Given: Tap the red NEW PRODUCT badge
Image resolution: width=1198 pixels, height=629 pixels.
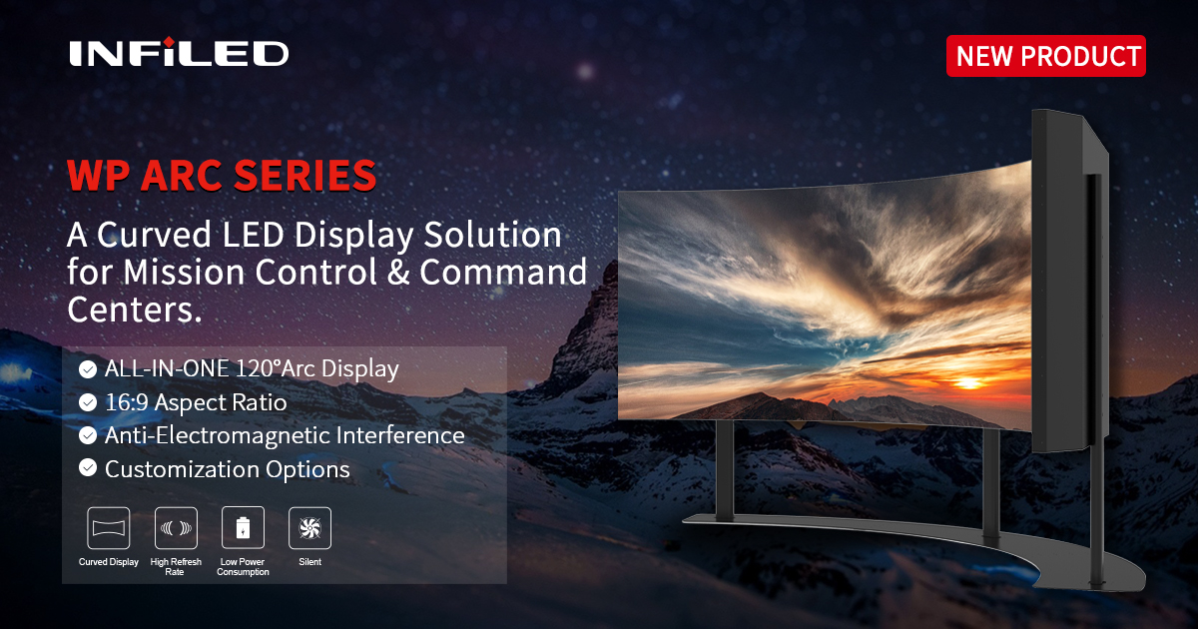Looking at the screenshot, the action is click(x=1046, y=56).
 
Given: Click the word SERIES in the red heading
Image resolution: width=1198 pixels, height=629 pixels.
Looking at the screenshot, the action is click(x=305, y=176).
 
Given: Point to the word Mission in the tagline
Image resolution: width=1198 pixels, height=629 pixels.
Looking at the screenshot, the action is click(x=184, y=272).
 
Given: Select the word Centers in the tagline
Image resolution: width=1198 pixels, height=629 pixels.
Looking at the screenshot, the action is click(x=134, y=310).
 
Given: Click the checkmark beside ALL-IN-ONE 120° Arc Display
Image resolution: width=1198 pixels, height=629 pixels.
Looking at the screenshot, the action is click(x=88, y=369).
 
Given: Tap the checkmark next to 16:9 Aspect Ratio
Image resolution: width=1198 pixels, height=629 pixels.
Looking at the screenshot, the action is click(x=88, y=402).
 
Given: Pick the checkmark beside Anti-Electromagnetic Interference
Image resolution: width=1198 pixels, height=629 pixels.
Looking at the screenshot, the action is click(x=88, y=435).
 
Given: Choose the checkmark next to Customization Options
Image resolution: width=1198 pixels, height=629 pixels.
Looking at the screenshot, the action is click(x=88, y=468).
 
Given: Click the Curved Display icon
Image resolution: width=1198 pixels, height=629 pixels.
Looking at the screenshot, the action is click(x=109, y=528).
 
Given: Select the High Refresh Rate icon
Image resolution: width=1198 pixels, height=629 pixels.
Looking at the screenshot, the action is click(x=176, y=528).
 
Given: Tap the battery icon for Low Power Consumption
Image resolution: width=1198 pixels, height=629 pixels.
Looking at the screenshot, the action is click(x=243, y=528).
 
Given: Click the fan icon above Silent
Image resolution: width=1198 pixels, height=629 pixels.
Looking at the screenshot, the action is click(x=310, y=528).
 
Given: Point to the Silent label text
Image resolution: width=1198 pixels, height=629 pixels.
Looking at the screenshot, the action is click(x=310, y=561).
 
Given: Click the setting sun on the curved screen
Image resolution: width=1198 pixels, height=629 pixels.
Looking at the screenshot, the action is click(x=967, y=383).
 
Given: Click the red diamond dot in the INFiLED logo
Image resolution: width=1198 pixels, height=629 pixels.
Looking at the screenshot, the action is click(x=168, y=42).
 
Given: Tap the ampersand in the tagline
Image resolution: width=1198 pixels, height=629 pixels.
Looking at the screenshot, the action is click(x=398, y=272).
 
